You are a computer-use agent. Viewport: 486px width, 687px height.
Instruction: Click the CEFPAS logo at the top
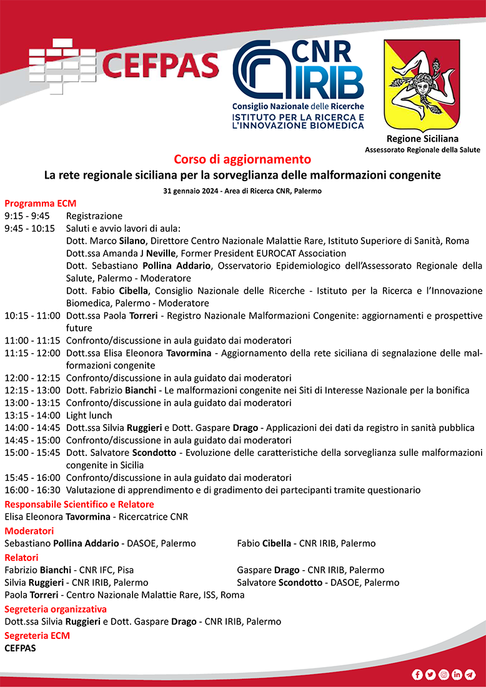(124, 65)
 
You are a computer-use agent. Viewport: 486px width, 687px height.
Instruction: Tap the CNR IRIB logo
(298, 85)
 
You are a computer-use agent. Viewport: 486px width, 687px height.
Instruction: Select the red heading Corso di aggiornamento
(242, 159)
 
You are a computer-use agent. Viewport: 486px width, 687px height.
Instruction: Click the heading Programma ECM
(40, 204)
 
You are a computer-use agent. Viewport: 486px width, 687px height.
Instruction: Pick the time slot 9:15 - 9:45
(27, 216)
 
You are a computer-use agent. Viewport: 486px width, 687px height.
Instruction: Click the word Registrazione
(94, 216)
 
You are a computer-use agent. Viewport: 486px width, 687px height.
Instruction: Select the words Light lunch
(89, 415)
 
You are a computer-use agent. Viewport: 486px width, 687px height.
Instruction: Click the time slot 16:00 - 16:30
(32, 490)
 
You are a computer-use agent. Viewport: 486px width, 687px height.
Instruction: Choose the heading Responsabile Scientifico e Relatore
(79, 504)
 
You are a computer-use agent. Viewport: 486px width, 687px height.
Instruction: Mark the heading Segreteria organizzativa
(56, 609)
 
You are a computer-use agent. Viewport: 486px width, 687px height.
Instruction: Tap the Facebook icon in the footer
(417, 675)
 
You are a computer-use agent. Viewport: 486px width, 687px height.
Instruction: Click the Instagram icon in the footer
(444, 675)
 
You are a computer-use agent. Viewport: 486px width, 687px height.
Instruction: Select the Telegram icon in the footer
(470, 675)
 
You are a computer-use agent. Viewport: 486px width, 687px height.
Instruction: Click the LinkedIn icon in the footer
(457, 675)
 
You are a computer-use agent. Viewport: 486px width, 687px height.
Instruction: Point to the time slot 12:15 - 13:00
(32, 390)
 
